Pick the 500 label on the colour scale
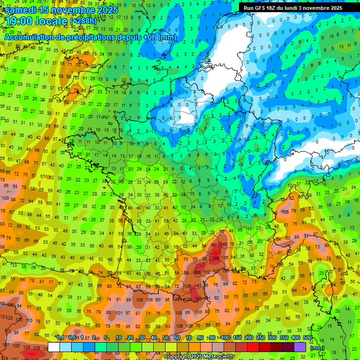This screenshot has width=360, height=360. click(x=307, y=338)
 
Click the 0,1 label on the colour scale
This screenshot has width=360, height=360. click(x=60, y=338)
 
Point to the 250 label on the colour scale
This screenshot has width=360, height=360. click(x=261, y=338)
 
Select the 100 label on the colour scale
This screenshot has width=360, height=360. click(x=225, y=338)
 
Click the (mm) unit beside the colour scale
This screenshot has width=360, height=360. click(x=317, y=348)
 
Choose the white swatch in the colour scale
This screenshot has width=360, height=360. click(x=54, y=347)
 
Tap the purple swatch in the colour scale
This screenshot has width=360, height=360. click(x=300, y=347)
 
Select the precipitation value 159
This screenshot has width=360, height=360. click(x=198, y=272)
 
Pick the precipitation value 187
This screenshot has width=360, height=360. click(x=198, y=299)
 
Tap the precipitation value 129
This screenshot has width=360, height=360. click(x=37, y=347)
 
